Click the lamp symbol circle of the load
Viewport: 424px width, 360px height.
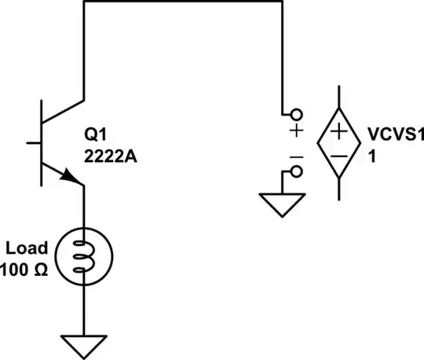pyautogui.click(x=82, y=257)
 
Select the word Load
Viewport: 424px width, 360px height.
pyautogui.click(x=27, y=248)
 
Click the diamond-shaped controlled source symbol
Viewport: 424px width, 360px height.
pyautogui.click(x=338, y=142)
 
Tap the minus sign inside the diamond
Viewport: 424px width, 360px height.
pyautogui.click(x=338, y=156)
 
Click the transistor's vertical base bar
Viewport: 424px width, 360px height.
pyautogui.click(x=42, y=143)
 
